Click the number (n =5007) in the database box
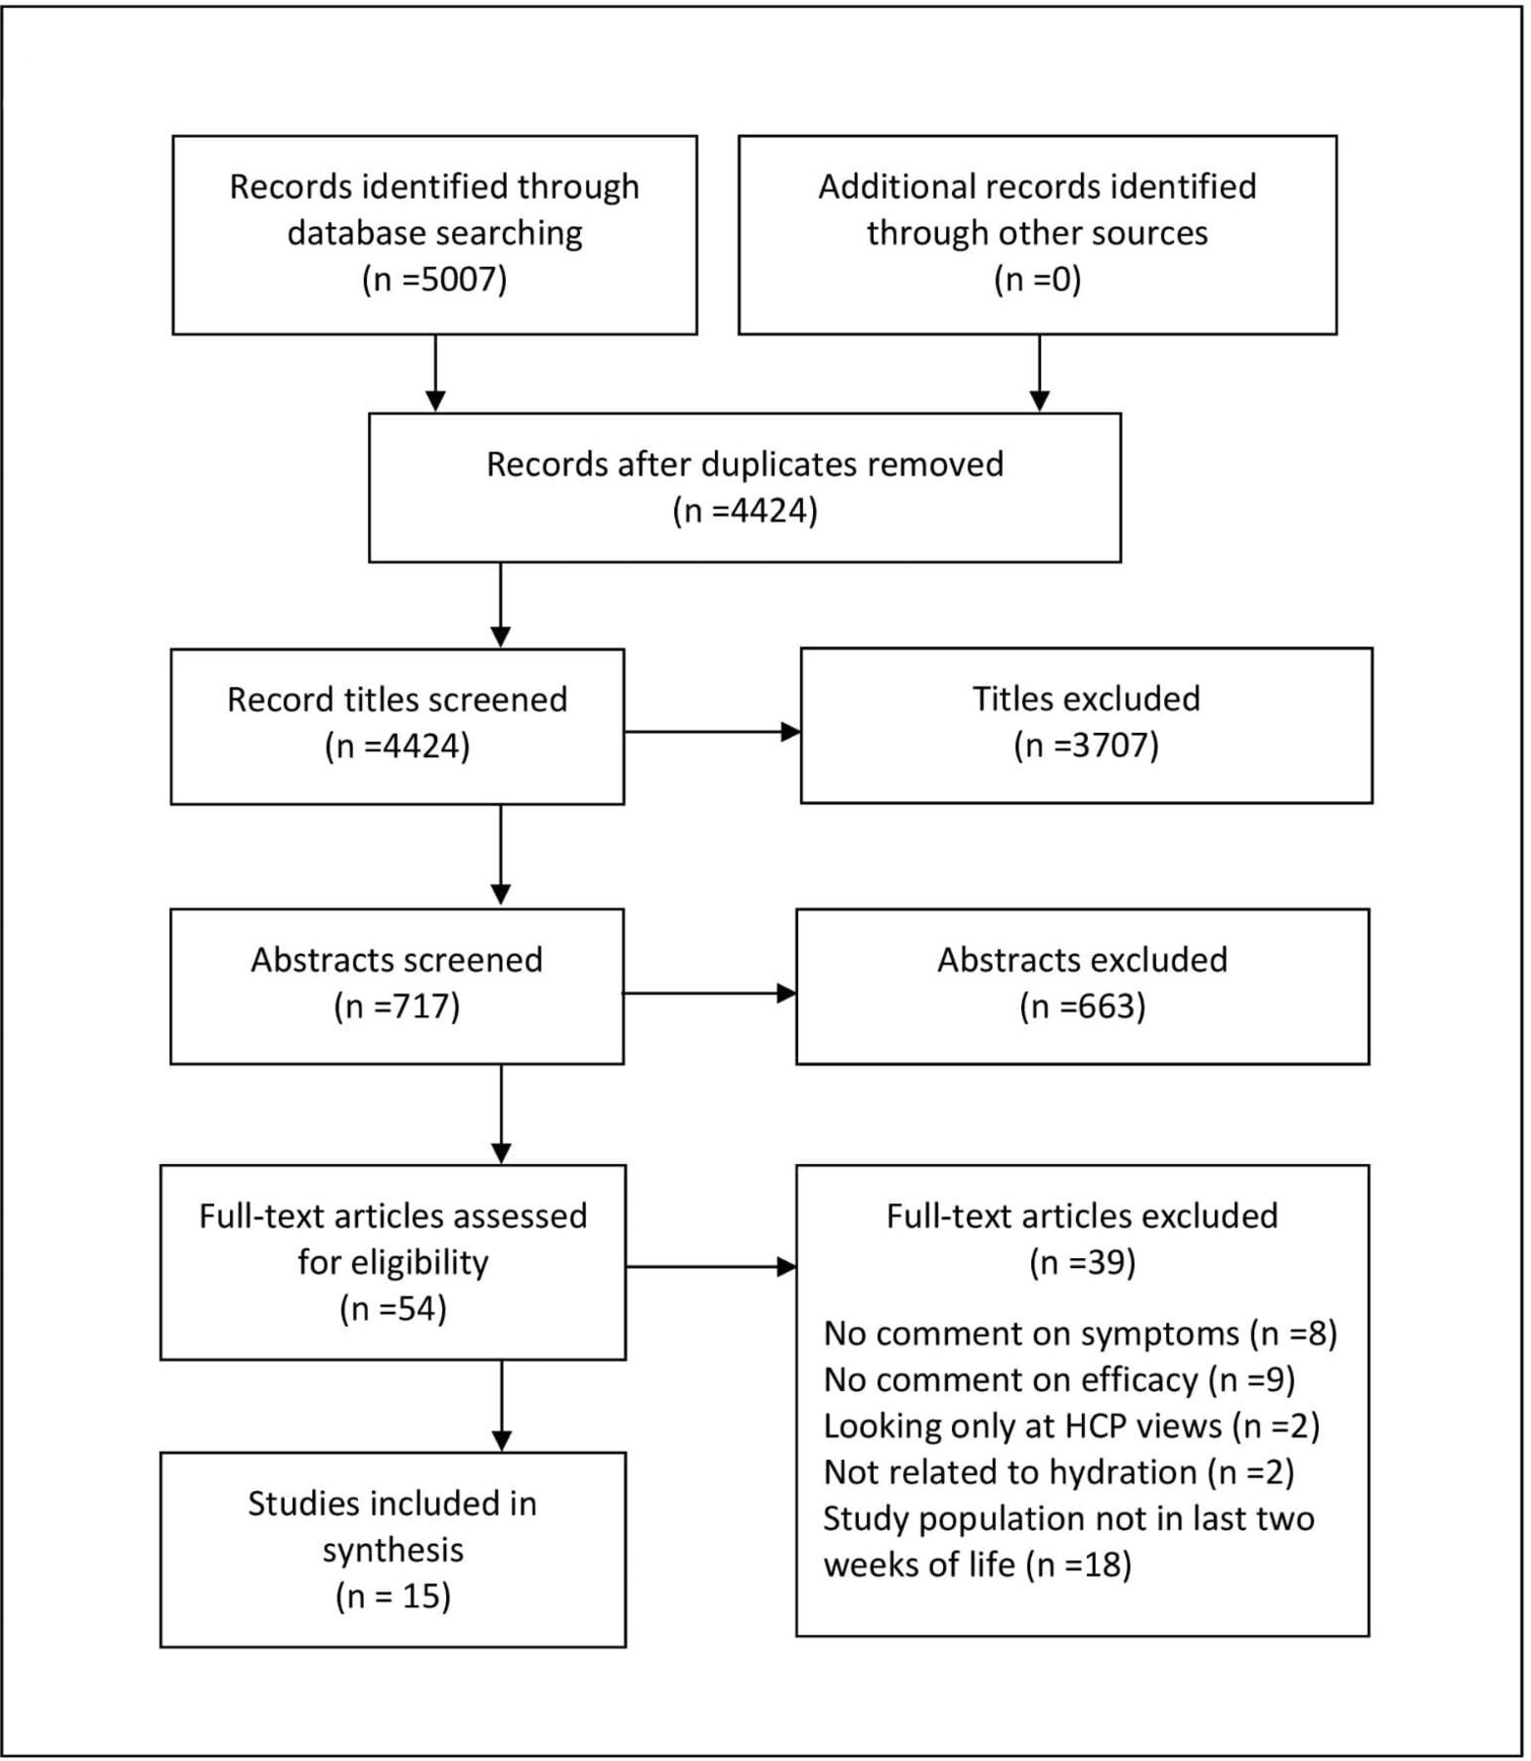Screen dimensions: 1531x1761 pos(434,281)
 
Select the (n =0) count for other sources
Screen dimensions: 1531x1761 pos(1037,281)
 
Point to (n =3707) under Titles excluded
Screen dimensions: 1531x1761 pos(1086,746)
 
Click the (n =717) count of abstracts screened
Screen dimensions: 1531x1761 pos(397,1007)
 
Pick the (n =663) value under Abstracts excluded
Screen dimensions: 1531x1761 pos(1082,1007)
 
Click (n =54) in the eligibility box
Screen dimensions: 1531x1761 pos(393,1309)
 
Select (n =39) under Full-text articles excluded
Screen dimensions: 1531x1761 pos(1082,1263)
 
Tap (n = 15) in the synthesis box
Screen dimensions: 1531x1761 pos(393,1597)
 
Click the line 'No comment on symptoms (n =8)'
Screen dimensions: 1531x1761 pos(1080,1333)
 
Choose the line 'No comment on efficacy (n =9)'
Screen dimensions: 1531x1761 pos(1059,1379)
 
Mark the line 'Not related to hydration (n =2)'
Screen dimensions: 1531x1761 pos(1058,1472)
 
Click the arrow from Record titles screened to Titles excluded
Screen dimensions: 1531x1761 pos(712,731)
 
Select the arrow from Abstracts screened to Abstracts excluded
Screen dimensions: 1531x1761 pos(710,993)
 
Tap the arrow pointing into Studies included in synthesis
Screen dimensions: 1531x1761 pos(501,1406)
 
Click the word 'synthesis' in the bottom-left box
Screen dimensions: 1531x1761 pos(393,1551)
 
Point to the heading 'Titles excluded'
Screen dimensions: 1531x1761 pos(1086,699)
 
